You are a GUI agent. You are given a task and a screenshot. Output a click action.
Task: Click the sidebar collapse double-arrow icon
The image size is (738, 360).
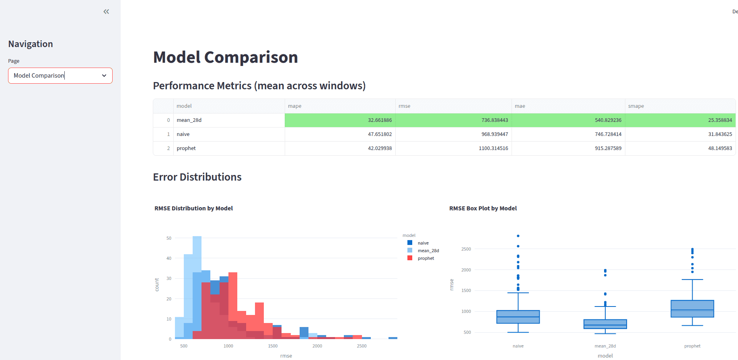click(106, 12)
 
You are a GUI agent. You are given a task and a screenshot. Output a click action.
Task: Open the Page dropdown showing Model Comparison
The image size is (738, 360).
click(60, 76)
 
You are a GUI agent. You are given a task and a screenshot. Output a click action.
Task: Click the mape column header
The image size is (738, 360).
click(295, 106)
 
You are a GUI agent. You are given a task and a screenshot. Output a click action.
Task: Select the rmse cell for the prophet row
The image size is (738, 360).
click(493, 148)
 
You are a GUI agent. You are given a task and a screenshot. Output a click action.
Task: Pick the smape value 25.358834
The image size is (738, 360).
click(720, 120)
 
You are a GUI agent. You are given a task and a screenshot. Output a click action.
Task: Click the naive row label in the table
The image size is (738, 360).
click(183, 134)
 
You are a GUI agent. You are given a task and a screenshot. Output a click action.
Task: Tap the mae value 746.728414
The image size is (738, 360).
click(608, 134)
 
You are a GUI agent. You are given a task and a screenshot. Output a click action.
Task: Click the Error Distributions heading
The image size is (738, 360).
click(197, 177)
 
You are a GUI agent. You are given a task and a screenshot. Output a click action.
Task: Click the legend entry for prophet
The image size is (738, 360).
click(426, 258)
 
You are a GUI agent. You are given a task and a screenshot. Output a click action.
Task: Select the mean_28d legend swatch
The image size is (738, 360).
click(410, 250)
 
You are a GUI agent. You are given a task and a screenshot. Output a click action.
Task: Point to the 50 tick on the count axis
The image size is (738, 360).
click(169, 238)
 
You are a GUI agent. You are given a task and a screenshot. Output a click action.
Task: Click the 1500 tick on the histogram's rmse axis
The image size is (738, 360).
click(273, 346)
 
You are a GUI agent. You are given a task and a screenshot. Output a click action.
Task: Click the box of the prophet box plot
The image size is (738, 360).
click(692, 309)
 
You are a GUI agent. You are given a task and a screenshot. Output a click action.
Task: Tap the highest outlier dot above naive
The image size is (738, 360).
click(518, 236)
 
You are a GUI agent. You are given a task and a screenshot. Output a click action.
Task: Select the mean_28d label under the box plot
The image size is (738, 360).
click(605, 346)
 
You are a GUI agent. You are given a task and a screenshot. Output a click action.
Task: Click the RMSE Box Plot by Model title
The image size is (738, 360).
click(483, 208)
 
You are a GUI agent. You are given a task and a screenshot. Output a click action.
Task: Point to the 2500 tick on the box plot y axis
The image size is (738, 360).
click(466, 249)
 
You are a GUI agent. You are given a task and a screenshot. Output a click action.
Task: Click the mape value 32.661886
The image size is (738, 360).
click(379, 120)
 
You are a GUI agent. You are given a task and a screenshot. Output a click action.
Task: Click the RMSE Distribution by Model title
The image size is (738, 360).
click(193, 208)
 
